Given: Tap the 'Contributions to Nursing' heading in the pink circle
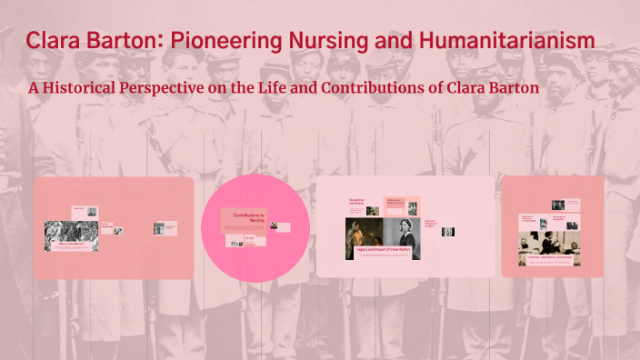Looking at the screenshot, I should click(x=247, y=217).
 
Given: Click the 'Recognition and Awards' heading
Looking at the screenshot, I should click(x=356, y=202).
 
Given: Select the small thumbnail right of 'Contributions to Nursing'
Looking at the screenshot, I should click(x=283, y=227).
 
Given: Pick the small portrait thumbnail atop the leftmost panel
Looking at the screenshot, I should click(x=79, y=211).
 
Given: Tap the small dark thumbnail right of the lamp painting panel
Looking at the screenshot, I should click(x=447, y=232).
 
